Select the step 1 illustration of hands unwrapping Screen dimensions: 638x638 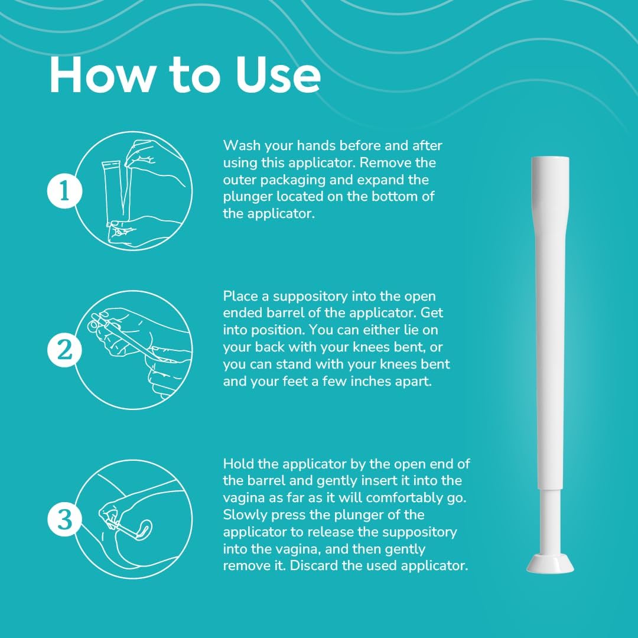tap(135, 190)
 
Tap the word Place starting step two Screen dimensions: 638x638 tap(240, 296)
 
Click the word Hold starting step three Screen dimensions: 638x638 tap(239, 464)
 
